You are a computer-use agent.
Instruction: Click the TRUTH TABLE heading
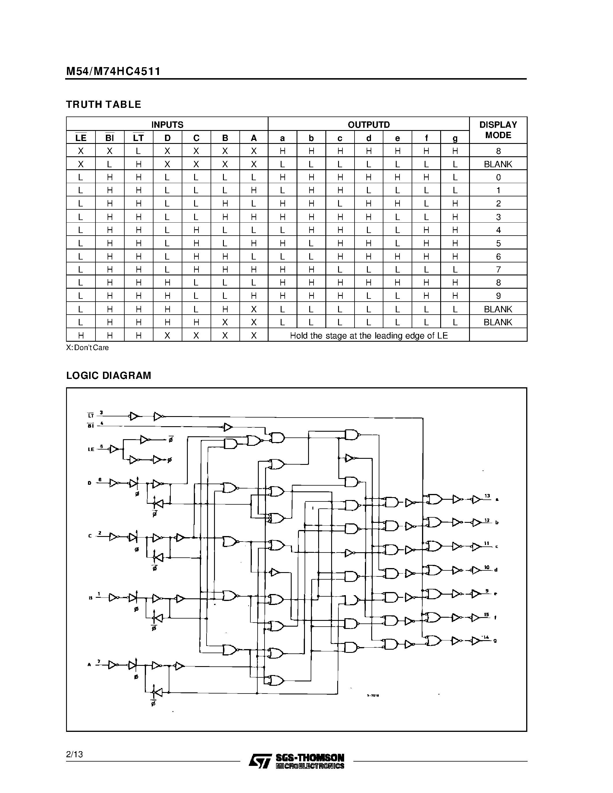[x=104, y=105]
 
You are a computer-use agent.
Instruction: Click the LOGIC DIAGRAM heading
[x=108, y=375]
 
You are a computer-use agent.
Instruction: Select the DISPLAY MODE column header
[x=498, y=130]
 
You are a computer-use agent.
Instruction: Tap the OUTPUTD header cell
[x=369, y=125]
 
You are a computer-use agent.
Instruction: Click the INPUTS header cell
[x=167, y=125]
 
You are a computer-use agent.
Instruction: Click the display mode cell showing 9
[x=498, y=296]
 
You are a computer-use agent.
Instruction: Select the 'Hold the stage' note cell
[x=369, y=335]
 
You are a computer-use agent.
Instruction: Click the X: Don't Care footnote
[x=87, y=347]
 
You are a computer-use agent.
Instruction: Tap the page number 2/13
[x=74, y=755]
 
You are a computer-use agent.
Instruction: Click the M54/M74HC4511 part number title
[x=113, y=71]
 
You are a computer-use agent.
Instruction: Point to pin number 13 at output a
[x=487, y=496]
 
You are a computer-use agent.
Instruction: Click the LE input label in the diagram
[x=91, y=449]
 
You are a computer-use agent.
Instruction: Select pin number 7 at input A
[x=99, y=662]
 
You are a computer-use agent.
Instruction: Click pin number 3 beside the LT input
[x=101, y=412]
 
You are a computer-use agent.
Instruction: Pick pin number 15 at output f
[x=487, y=615]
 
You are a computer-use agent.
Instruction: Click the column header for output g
[x=455, y=138]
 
